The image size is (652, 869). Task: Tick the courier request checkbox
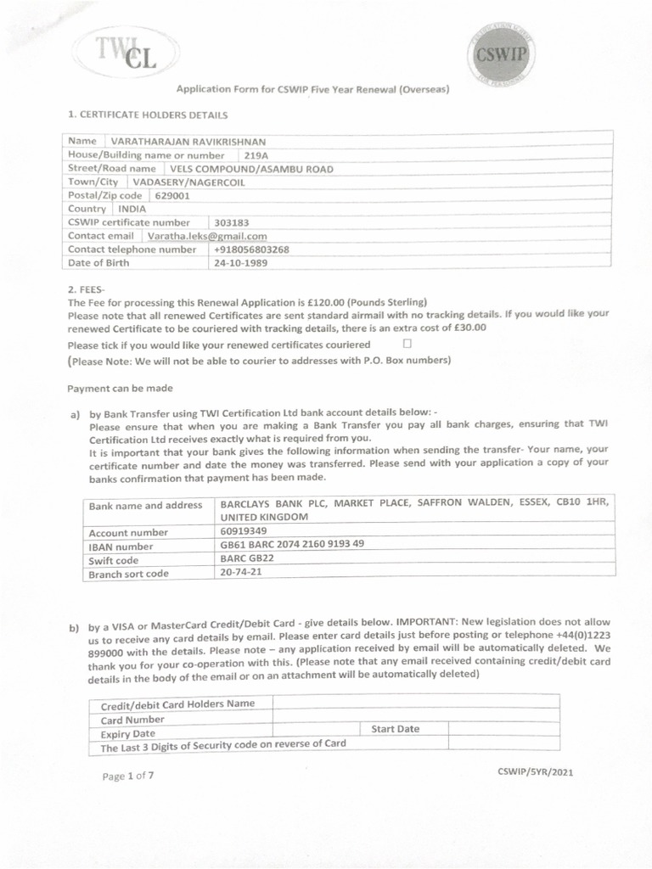tap(407, 344)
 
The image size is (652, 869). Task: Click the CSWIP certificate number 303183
tap(233, 222)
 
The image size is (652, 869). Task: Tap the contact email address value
tap(207, 237)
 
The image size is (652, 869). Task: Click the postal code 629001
tap(173, 195)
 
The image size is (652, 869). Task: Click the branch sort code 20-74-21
tap(241, 573)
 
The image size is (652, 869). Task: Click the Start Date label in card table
tap(395, 729)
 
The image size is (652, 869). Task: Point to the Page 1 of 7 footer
tap(128, 776)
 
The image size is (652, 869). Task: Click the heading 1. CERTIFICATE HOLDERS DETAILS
tap(147, 114)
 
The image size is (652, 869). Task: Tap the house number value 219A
tap(256, 155)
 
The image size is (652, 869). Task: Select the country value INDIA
tap(132, 209)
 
